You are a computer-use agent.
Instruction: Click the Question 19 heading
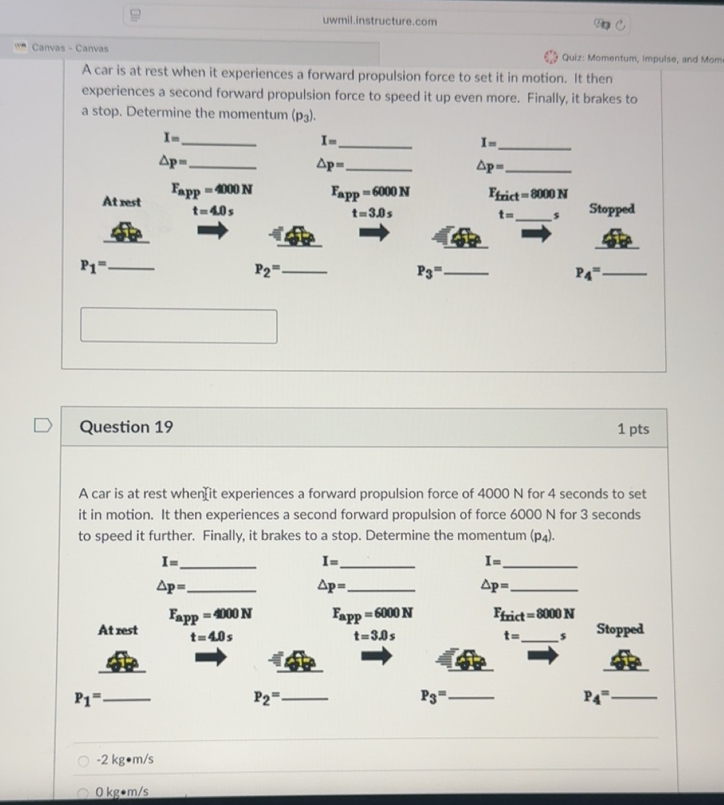tap(126, 427)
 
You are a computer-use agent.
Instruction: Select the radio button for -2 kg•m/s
tap(83, 760)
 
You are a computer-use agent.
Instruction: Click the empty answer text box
tap(179, 326)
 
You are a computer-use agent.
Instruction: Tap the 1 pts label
tap(632, 429)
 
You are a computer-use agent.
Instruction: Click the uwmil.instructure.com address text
tap(380, 21)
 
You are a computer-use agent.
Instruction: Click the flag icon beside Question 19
tap(42, 425)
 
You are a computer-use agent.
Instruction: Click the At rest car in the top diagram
tap(127, 232)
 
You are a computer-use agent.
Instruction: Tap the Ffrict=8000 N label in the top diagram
tap(528, 193)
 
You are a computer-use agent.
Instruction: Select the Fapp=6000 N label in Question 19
tap(372, 614)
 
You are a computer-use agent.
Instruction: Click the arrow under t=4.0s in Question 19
tap(211, 657)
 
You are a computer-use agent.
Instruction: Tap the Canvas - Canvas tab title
tap(70, 48)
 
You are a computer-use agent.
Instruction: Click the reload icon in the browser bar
tap(620, 25)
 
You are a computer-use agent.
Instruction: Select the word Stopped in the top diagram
tap(611, 209)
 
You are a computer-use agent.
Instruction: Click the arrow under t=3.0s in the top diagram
tap(373, 234)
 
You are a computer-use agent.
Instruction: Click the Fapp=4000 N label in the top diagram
tap(211, 190)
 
